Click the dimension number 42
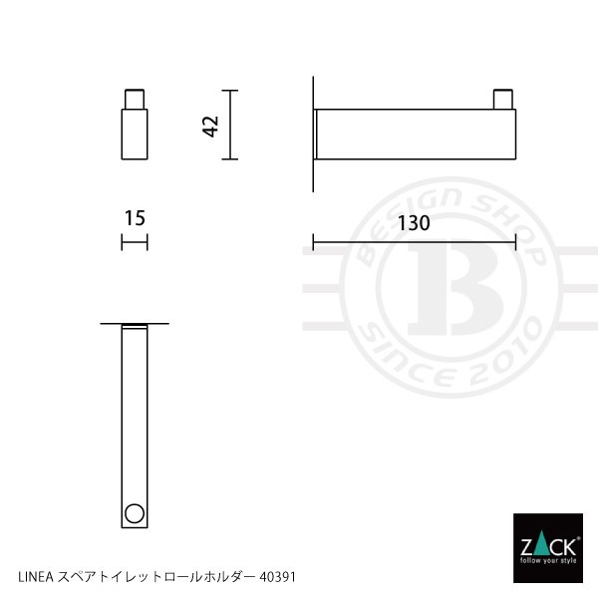tap(210, 126)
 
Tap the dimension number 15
tap(135, 216)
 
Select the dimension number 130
tap(414, 224)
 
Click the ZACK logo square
tap(545, 545)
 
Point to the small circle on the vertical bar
tap(133, 515)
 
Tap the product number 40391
tap(278, 577)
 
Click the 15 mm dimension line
tap(135, 242)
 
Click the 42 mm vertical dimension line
tap(231, 126)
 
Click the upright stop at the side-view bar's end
tap(505, 100)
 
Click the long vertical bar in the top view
tap(134, 419)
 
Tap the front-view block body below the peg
tap(135, 134)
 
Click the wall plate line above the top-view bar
tap(135, 324)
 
